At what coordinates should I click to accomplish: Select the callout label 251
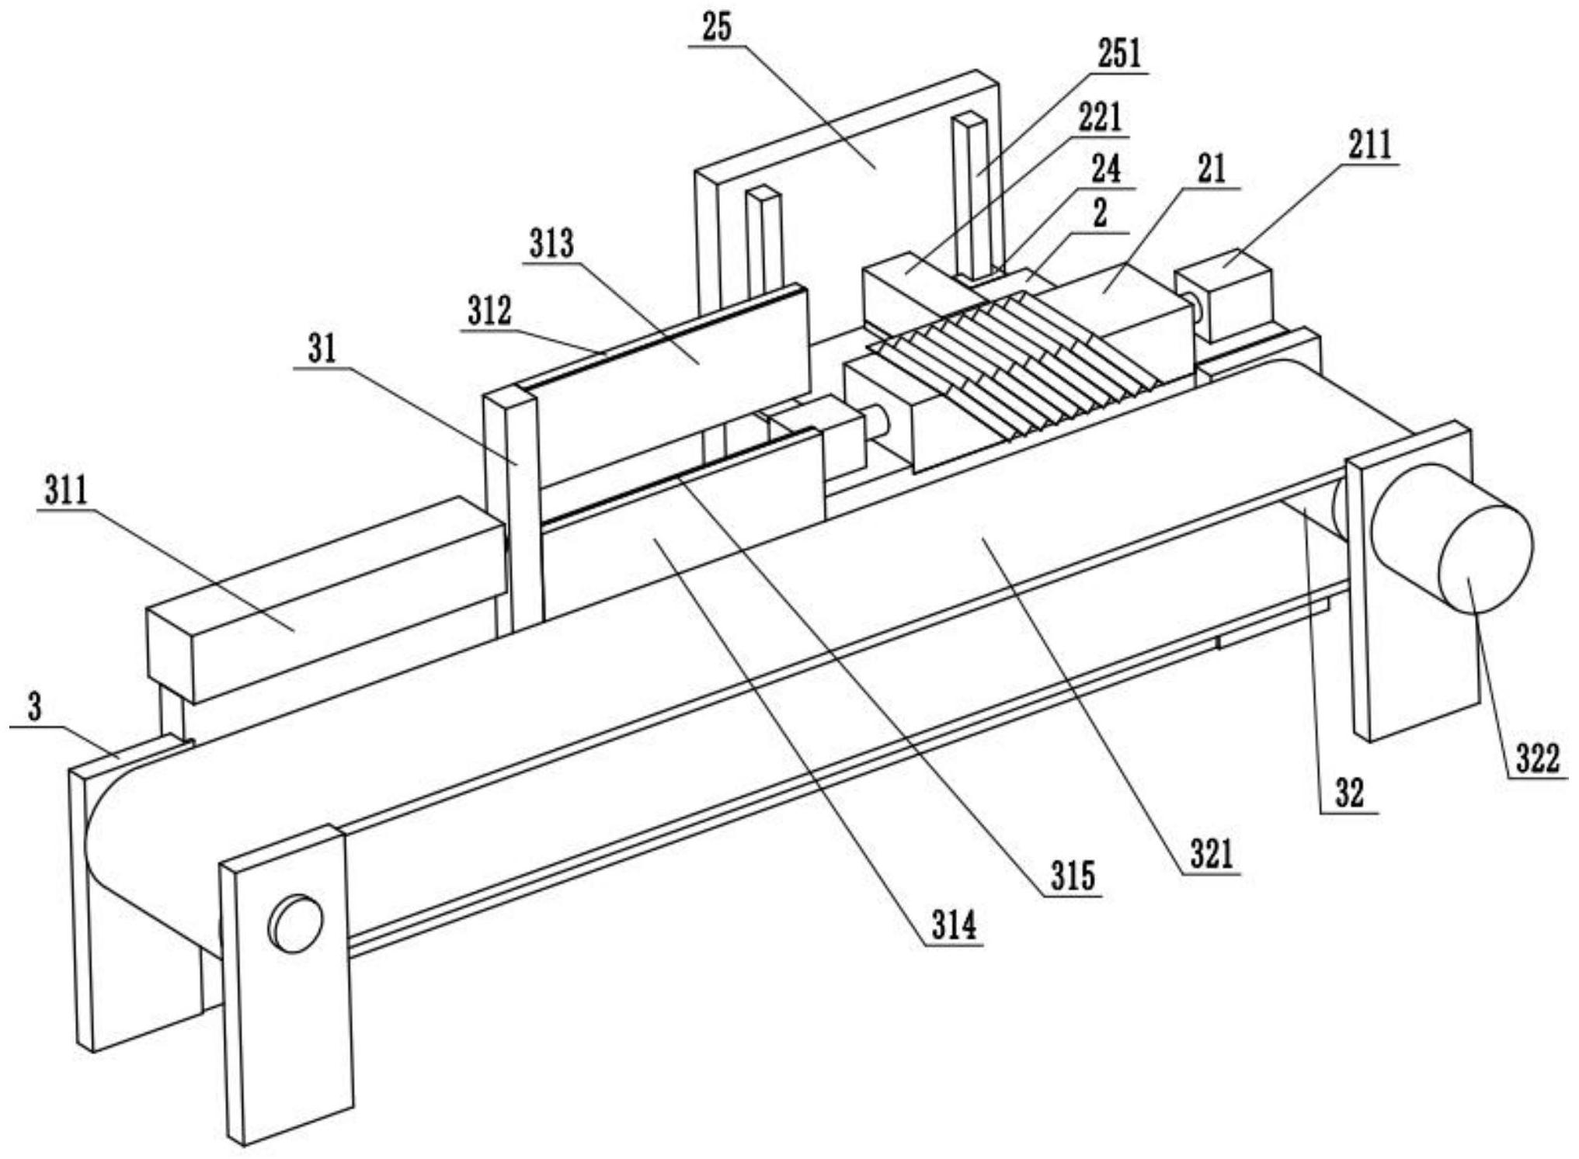pyautogui.click(x=1119, y=54)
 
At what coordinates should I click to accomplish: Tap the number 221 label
pyautogui.click(x=1099, y=118)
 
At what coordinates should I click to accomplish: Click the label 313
pyautogui.click(x=551, y=244)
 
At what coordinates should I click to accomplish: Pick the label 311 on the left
pyautogui.click(x=65, y=492)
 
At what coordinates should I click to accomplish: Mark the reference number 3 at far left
pyautogui.click(x=36, y=709)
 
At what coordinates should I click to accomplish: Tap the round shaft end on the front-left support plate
pyautogui.click(x=294, y=924)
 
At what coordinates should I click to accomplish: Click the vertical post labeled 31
pyautogui.click(x=513, y=512)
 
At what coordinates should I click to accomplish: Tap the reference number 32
pyautogui.click(x=1350, y=795)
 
